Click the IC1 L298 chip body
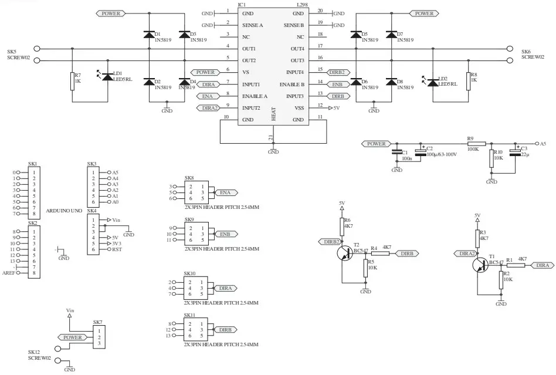pos(273,65)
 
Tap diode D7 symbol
pos(391,35)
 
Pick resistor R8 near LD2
pos(468,81)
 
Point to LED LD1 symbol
pos(107,77)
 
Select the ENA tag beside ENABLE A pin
pos(208,96)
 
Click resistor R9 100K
pos(476,143)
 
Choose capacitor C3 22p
pos(516,152)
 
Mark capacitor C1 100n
pos(396,154)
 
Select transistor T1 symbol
pos(482,265)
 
